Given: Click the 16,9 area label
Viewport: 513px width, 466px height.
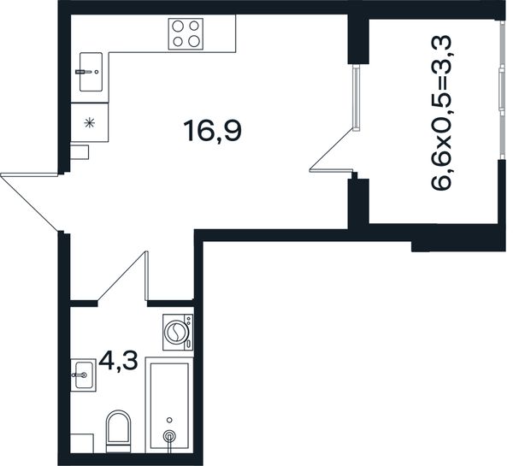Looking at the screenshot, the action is [x=213, y=131].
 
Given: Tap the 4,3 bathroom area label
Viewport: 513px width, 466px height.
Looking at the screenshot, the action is [x=118, y=362].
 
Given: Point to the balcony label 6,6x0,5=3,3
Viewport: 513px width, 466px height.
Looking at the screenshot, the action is [x=442, y=112].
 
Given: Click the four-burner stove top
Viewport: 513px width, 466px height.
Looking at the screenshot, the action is [x=186, y=34].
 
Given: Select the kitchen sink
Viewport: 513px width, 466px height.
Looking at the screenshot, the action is [x=91, y=72].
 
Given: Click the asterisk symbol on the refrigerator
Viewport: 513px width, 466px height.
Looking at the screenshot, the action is [x=89, y=123].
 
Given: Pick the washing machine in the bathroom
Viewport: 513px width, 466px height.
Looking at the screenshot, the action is [x=178, y=333].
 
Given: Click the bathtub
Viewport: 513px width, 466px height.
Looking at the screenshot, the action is [x=169, y=405].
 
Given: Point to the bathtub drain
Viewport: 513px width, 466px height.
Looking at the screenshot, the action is [x=169, y=435].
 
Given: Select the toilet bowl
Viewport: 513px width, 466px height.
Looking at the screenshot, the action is [x=118, y=431].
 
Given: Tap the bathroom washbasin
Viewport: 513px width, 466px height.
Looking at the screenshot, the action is [x=84, y=375].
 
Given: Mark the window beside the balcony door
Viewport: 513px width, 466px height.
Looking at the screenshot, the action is [x=357, y=97].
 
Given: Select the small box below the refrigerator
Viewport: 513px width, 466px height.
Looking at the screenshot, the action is [x=80, y=152].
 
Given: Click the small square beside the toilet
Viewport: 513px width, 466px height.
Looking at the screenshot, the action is [x=82, y=444].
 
